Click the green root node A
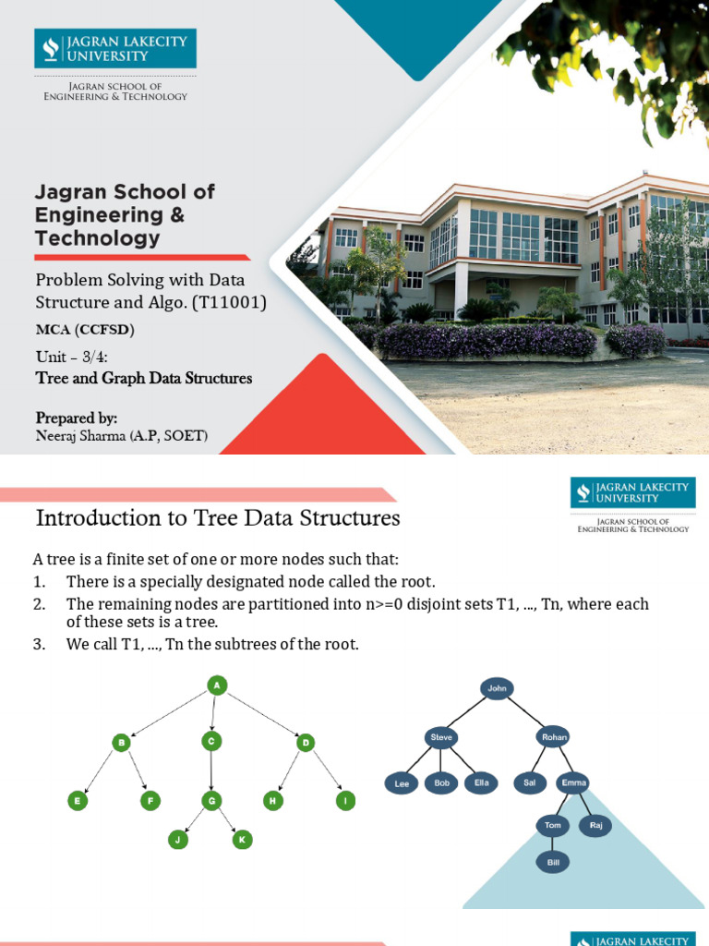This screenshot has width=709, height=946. point(216,685)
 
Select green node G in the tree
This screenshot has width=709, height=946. point(211,801)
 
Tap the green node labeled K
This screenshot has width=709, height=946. point(243,840)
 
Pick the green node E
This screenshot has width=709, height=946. point(78,801)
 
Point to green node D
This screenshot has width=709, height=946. point(305,742)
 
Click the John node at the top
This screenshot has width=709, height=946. point(498,687)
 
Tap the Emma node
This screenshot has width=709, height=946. point(573,783)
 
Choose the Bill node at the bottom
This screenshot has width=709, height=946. point(552,863)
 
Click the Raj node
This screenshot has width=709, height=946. point(595,826)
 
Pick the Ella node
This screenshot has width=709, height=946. point(481,783)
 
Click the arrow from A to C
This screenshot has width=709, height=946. point(213,713)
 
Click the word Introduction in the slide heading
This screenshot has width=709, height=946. point(89,518)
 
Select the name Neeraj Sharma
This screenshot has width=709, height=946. point(80,437)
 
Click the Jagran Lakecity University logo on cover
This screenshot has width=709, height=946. point(115,48)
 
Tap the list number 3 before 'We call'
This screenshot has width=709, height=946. point(39,644)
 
